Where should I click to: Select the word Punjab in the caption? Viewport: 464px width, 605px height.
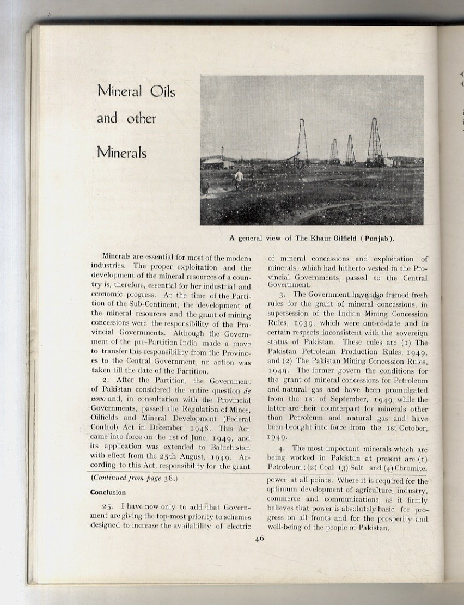375,239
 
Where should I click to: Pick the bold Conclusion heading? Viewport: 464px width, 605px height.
108,492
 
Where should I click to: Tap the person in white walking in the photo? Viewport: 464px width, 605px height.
238,179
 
